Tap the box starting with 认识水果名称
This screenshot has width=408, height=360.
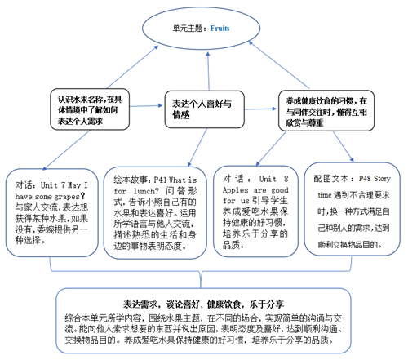click(x=84, y=106)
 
